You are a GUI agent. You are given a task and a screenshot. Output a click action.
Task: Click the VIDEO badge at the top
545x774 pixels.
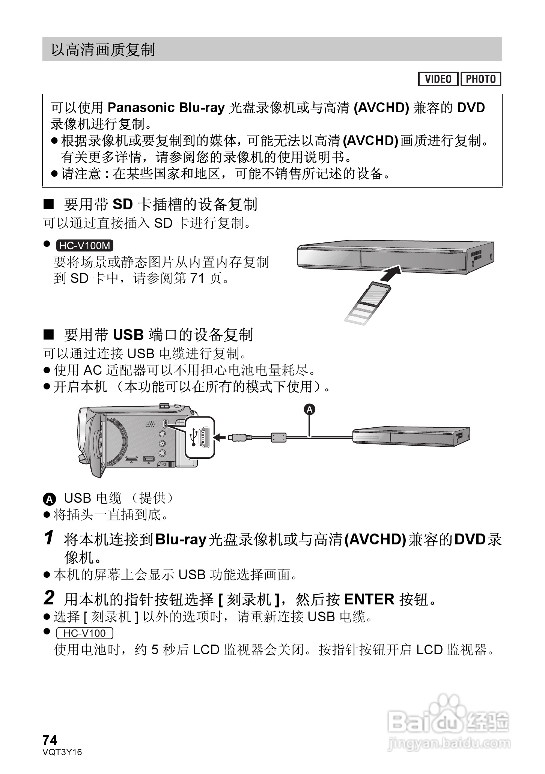point(438,79)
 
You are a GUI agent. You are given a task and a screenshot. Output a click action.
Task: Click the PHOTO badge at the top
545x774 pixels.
point(481,79)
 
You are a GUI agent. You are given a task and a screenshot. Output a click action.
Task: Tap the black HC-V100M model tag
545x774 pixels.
point(85,246)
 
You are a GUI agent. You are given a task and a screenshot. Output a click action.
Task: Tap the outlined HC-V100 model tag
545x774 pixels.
point(84,633)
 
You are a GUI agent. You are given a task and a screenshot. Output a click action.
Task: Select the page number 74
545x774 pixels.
point(50,740)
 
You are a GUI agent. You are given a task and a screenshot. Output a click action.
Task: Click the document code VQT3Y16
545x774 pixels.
point(62,752)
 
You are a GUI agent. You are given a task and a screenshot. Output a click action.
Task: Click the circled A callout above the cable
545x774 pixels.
point(309,410)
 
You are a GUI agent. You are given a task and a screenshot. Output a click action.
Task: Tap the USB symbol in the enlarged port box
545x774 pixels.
point(194,437)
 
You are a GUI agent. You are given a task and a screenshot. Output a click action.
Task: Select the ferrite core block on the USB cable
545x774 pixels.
point(279,437)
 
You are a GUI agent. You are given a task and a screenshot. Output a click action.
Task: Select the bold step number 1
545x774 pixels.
point(49,538)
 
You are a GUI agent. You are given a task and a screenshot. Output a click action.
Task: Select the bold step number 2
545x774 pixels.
point(49,598)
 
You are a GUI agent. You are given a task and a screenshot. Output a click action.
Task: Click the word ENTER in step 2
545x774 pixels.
point(369,599)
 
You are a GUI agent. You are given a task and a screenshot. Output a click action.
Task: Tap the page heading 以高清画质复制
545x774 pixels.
point(103,50)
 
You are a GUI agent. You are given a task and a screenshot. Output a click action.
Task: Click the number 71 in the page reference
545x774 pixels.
point(197,278)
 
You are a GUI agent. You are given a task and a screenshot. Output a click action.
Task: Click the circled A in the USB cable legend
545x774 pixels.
point(49,499)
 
